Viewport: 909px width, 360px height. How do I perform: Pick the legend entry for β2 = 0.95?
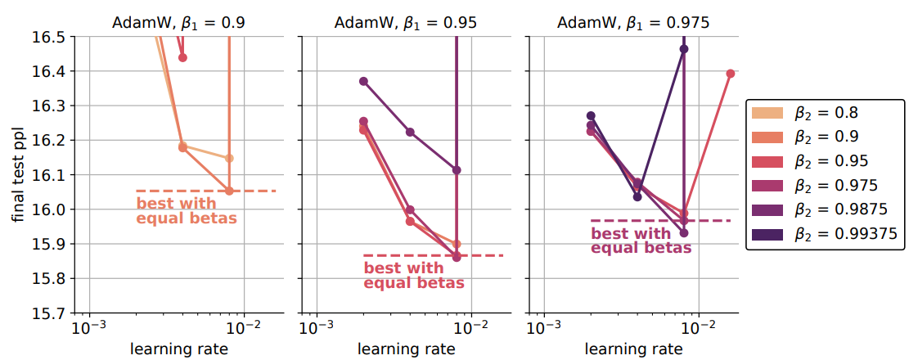pos(826,161)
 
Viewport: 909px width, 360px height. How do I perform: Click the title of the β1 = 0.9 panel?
pos(179,22)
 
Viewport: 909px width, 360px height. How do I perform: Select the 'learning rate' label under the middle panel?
pos(406,349)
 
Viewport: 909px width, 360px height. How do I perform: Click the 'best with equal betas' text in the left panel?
pos(187,211)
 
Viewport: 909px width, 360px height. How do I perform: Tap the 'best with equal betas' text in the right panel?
pos(641,241)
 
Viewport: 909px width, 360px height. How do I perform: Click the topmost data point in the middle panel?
pos(363,81)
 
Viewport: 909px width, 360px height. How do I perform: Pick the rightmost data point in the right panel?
pos(731,74)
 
